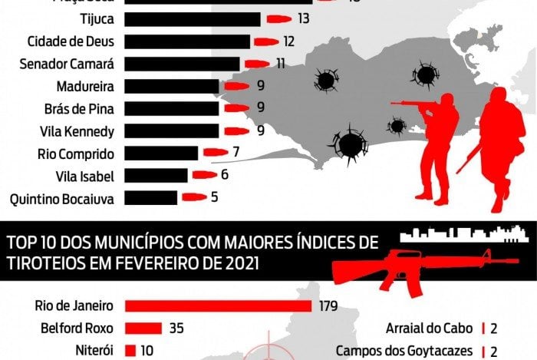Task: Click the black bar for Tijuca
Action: (192, 18)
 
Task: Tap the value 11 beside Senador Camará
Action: (281, 63)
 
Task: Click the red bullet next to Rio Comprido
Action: (216, 152)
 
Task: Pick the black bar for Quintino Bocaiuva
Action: (150, 197)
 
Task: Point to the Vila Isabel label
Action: (85, 176)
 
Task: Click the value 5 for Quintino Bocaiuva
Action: (214, 197)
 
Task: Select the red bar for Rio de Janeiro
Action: (218, 306)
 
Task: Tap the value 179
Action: (328, 306)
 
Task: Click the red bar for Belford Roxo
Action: (143, 329)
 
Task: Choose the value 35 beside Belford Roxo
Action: (176, 329)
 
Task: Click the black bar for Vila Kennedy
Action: (170, 130)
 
